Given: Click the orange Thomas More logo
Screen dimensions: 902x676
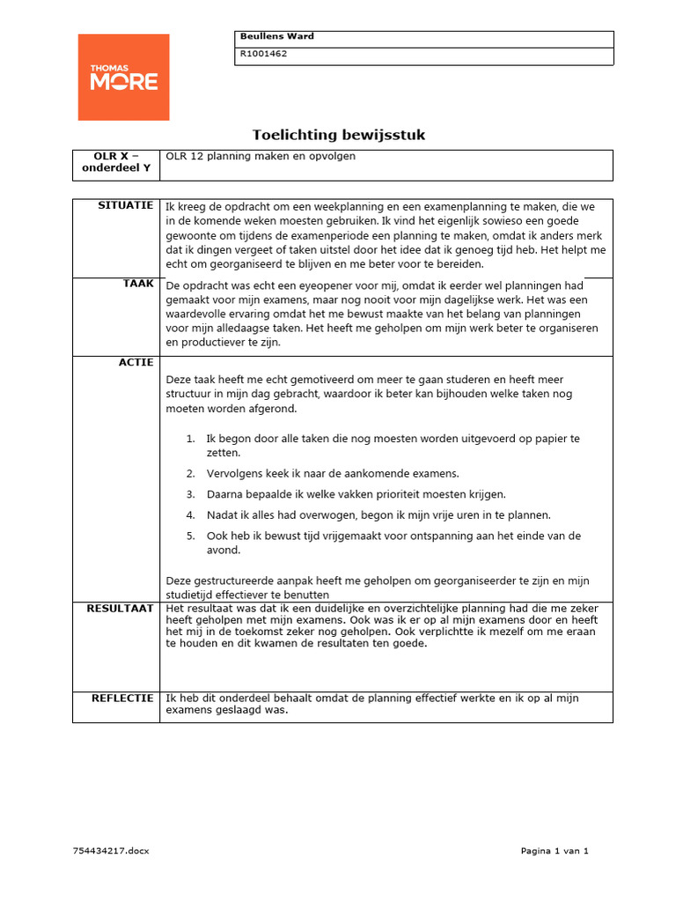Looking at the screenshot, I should (123, 77).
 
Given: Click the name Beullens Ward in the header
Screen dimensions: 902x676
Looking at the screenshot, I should (276, 37).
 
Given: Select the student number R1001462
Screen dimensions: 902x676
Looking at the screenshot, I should (263, 54).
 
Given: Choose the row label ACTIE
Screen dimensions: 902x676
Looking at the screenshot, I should (136, 362).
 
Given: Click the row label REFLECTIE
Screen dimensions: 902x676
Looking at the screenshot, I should (122, 698).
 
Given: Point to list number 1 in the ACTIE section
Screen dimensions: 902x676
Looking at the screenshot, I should (190, 439).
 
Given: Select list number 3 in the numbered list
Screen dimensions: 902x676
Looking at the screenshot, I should (190, 495).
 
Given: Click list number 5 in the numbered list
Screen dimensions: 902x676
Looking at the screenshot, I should (190, 536).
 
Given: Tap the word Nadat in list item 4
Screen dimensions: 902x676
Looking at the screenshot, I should (221, 515).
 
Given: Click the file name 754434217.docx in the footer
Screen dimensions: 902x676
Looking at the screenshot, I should (111, 851).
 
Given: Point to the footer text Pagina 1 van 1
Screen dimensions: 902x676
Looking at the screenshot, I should (554, 851).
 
